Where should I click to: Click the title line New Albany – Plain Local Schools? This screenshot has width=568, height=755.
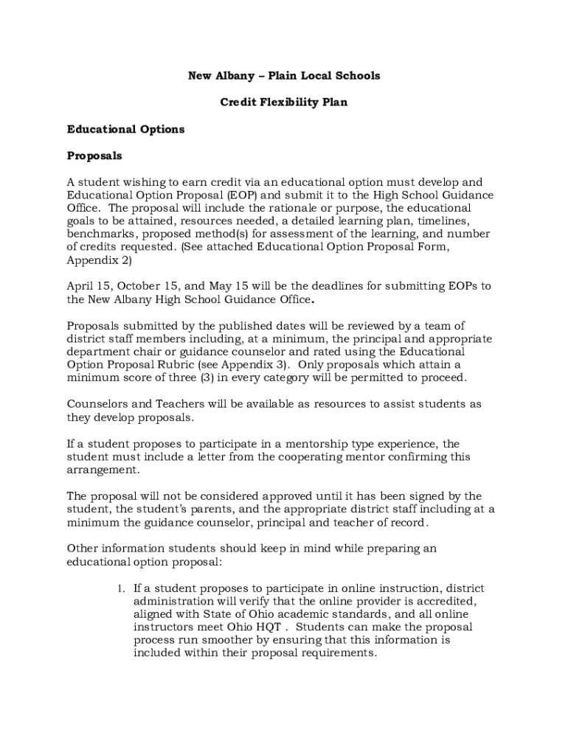point(284,76)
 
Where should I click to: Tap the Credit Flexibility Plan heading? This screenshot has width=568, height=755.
point(284,102)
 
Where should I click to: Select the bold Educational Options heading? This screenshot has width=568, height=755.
point(125,129)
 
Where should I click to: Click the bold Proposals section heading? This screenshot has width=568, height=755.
point(94,156)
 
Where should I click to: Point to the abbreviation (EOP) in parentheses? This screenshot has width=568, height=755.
point(244,195)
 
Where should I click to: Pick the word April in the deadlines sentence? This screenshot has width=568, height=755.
point(82,286)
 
